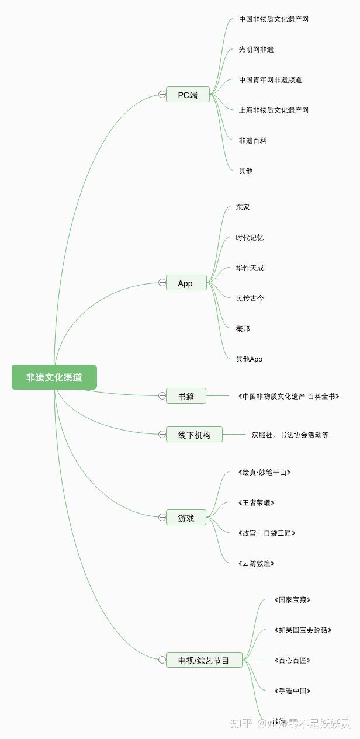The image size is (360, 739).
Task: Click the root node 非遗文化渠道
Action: (x=54, y=377)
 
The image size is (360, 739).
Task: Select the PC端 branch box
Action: (x=188, y=95)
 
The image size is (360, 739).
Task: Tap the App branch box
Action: (x=186, y=283)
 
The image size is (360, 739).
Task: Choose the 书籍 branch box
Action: (x=186, y=396)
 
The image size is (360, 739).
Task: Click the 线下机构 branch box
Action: (x=194, y=435)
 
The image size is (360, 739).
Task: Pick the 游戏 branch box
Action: (x=186, y=518)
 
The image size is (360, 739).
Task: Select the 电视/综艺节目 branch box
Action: (x=203, y=660)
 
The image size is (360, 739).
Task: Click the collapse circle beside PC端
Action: (x=162, y=95)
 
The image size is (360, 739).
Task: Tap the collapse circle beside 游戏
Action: (x=162, y=518)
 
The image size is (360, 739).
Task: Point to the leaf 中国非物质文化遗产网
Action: (x=274, y=19)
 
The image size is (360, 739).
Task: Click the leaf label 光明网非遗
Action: (x=256, y=50)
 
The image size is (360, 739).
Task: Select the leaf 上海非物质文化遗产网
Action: (x=274, y=110)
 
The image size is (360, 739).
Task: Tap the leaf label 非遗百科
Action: (x=252, y=141)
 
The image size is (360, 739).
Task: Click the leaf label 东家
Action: (x=243, y=207)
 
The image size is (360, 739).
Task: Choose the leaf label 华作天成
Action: (x=250, y=268)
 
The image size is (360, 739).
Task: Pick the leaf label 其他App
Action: (x=249, y=359)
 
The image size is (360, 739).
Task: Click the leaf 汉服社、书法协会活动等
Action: (x=290, y=435)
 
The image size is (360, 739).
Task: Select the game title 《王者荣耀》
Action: (x=256, y=503)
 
